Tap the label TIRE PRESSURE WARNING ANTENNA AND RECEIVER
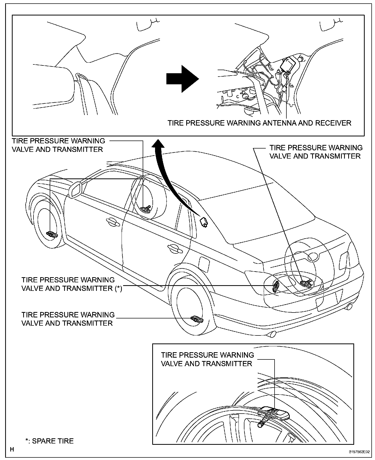[259, 123]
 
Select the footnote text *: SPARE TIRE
[49, 441]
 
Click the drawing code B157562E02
[359, 452]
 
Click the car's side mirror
[75, 190]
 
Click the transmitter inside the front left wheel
[52, 234]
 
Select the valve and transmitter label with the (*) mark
[72, 284]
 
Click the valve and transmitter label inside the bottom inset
[207, 359]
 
